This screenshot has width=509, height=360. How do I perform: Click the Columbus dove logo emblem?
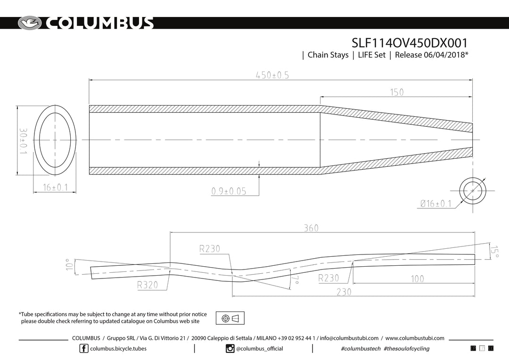[30, 23]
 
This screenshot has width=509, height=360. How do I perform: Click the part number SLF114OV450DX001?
[410, 43]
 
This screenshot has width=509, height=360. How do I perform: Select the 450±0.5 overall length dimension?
[272, 75]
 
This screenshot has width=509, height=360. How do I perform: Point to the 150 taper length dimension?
[397, 92]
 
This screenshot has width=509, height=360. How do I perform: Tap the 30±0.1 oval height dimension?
[23, 141]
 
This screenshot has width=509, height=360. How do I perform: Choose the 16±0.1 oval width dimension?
[55, 188]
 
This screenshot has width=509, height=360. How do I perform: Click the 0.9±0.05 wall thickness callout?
[229, 191]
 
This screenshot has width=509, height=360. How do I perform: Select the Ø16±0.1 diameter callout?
[435, 204]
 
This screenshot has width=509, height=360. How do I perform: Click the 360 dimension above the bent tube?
[311, 228]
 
